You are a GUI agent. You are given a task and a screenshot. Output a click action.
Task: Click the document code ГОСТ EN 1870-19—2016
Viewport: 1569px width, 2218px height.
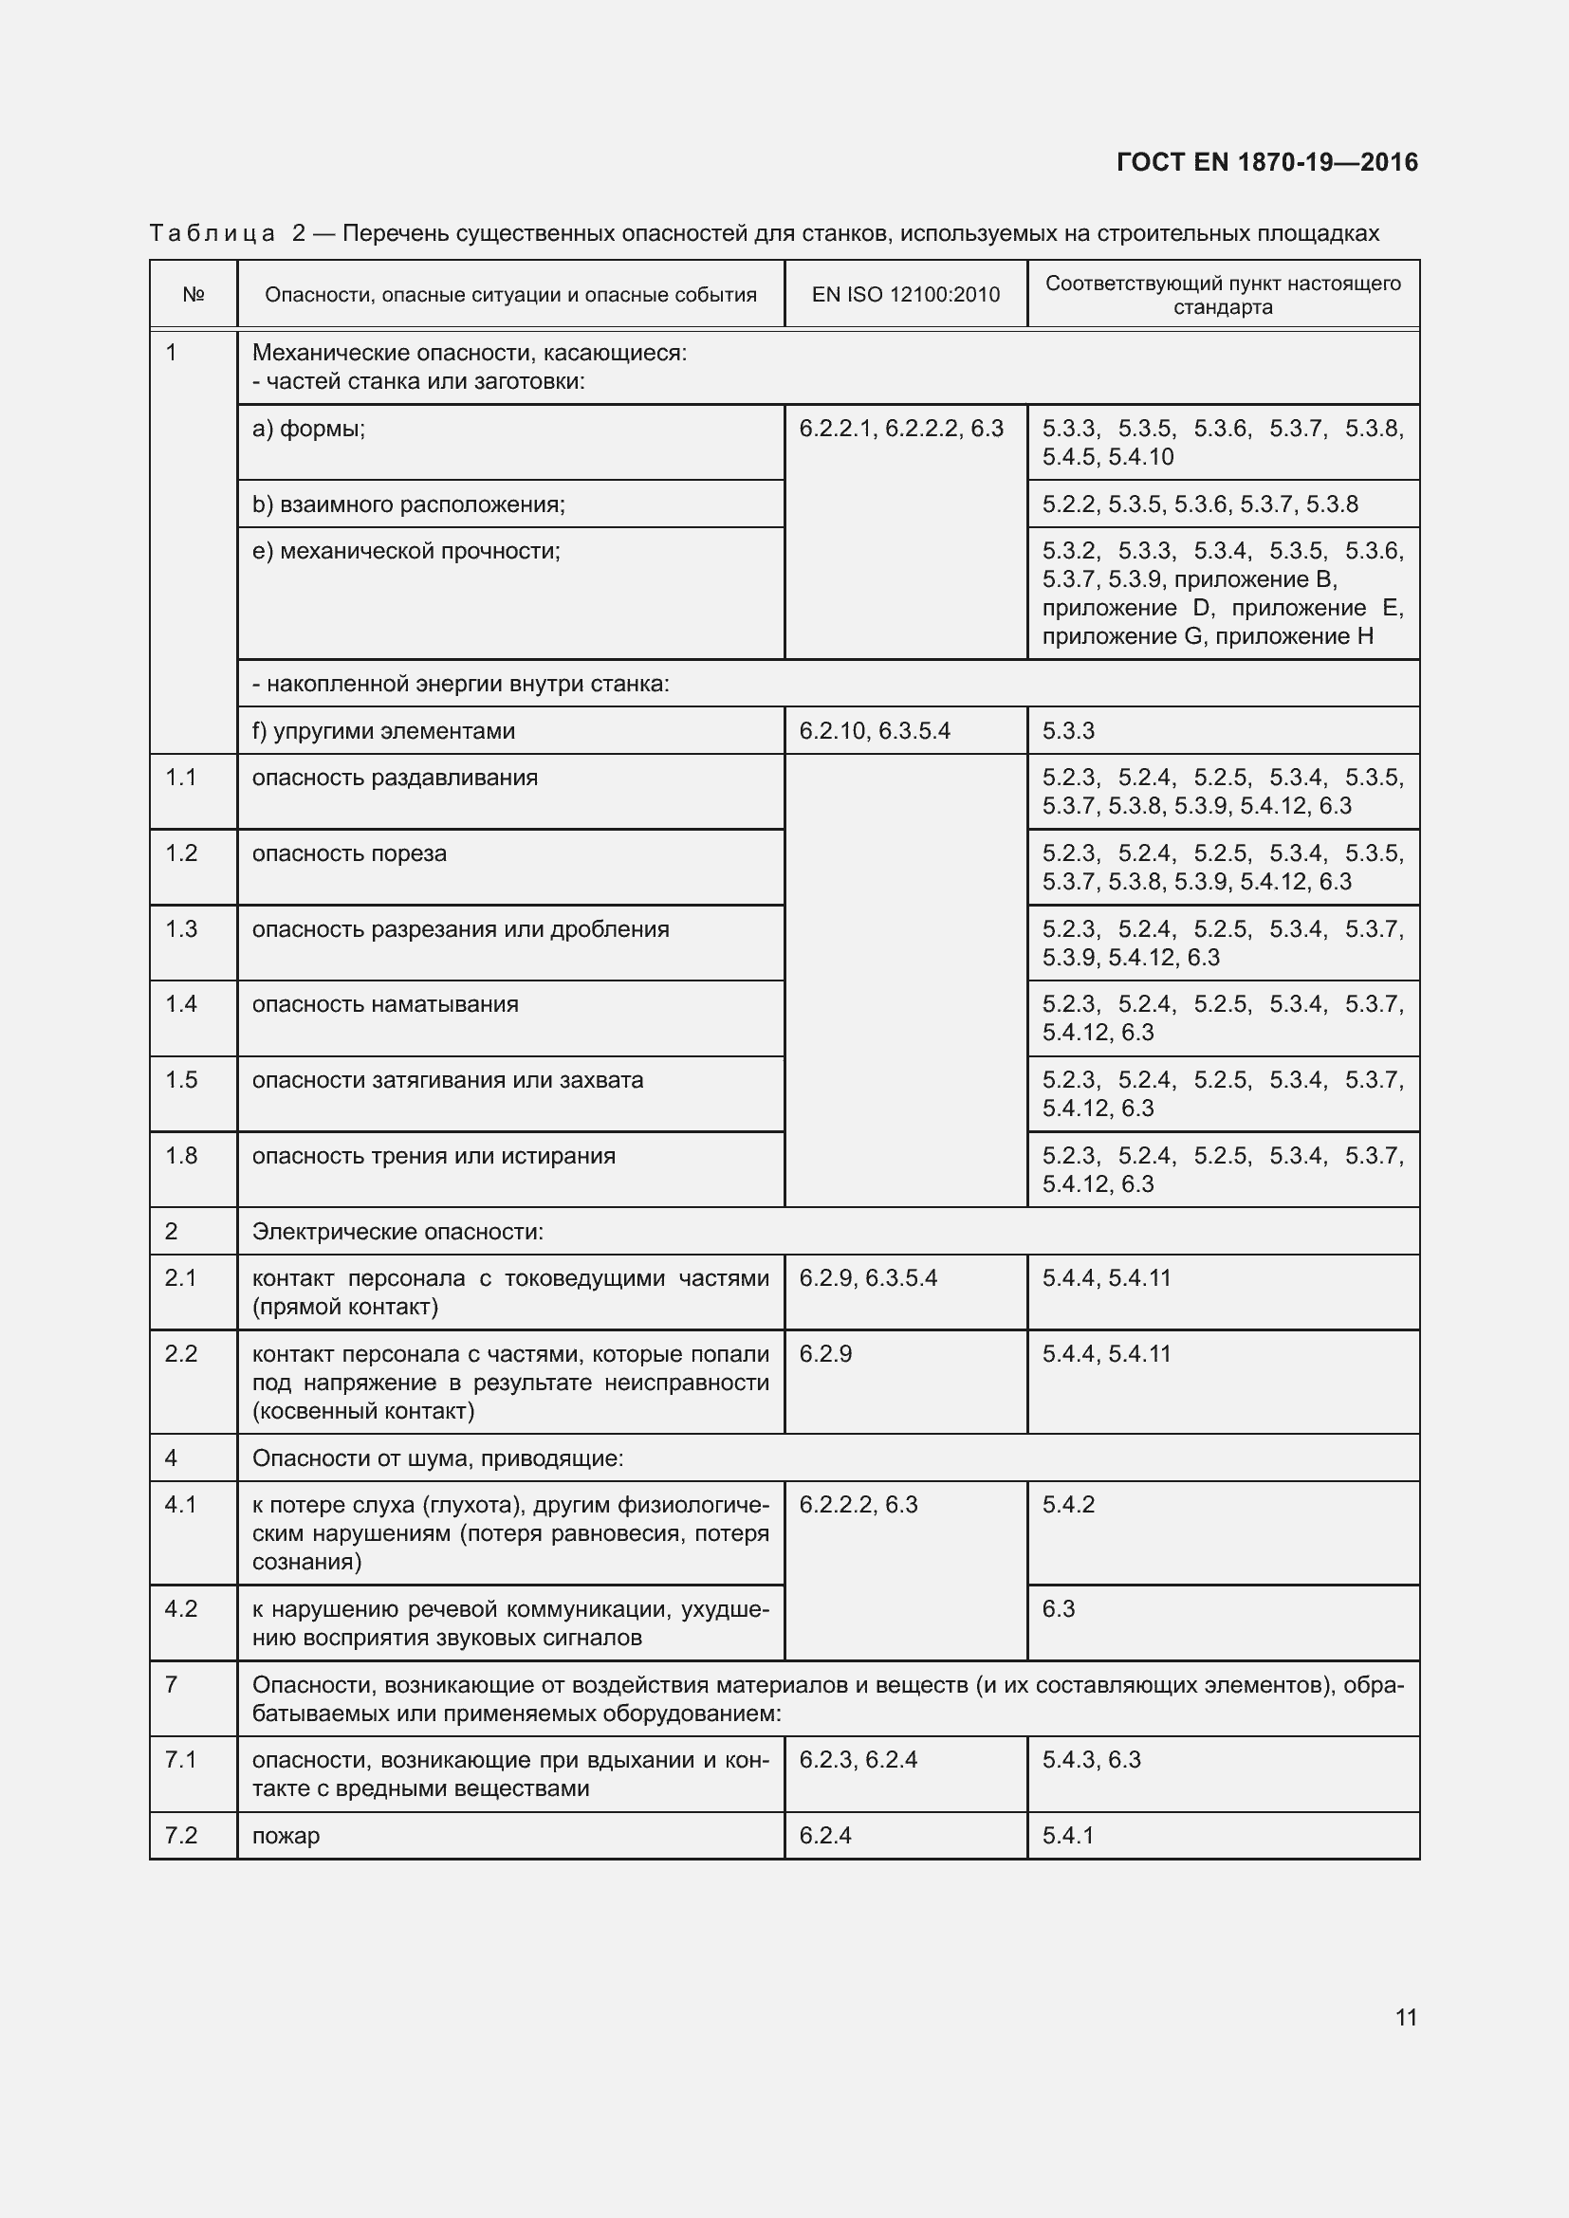1266,161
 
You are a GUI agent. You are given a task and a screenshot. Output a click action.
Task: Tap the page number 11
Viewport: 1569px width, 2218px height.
1406,2017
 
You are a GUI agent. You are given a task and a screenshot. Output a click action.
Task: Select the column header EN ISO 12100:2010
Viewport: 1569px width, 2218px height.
905,295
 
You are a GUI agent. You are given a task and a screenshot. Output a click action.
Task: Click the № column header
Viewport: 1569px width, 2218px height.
194,295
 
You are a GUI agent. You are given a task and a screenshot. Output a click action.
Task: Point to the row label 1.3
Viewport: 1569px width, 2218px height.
181,929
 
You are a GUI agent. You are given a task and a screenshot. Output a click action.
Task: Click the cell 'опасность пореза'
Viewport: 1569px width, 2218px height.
350,854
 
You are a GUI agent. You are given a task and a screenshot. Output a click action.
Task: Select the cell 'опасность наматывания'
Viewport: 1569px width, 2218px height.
385,1004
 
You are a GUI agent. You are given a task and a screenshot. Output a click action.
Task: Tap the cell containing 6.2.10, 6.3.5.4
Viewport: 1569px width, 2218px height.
875,731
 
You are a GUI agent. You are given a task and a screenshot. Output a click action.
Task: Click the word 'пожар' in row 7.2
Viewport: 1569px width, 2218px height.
286,1836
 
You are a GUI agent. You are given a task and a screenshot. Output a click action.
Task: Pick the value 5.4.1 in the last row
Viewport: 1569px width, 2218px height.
1067,1836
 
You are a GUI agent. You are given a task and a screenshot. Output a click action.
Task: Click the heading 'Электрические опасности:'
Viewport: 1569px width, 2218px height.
398,1232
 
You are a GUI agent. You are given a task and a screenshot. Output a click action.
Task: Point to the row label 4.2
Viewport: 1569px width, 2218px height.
181,1609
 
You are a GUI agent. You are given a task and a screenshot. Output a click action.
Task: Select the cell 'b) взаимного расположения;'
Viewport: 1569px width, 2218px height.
409,504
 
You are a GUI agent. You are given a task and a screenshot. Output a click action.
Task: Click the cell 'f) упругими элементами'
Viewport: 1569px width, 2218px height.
383,731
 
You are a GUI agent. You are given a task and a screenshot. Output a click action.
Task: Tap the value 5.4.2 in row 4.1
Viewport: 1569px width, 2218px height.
1068,1505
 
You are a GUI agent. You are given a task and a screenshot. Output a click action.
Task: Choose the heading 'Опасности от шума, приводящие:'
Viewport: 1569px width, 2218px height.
437,1458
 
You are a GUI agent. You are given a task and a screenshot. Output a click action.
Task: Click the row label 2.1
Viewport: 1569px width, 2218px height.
181,1279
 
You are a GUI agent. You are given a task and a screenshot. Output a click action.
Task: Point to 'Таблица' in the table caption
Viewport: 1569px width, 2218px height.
212,234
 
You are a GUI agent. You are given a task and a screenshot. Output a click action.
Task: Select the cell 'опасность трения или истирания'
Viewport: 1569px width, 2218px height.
434,1156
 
